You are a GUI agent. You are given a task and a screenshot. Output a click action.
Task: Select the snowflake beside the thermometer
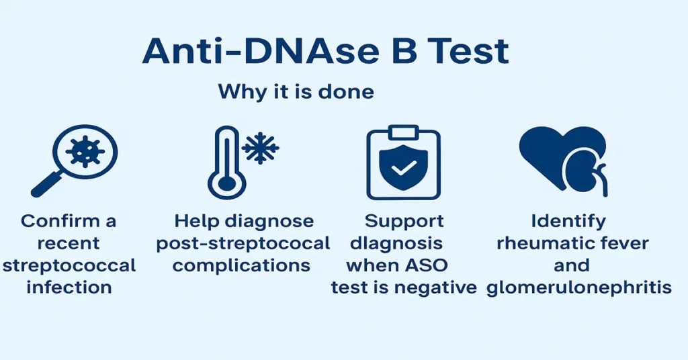(x=261, y=148)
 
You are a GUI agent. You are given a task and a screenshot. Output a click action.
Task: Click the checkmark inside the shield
(x=403, y=169)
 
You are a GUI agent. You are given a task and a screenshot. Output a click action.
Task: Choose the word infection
(x=69, y=287)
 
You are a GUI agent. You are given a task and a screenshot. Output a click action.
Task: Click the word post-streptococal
(x=243, y=243)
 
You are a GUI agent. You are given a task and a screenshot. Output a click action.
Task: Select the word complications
(x=241, y=265)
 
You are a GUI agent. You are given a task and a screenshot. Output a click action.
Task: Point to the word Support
(x=404, y=221)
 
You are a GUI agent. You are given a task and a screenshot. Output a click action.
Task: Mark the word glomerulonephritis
(x=578, y=287)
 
